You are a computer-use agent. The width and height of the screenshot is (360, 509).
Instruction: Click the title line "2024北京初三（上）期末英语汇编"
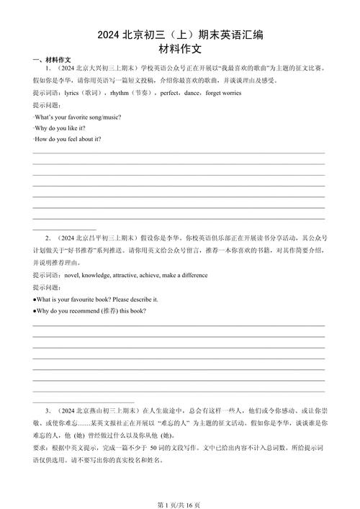[179, 35]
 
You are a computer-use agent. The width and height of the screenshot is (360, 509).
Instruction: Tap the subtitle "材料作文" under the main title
[179, 49]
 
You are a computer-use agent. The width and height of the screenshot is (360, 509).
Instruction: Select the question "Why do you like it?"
[62, 127]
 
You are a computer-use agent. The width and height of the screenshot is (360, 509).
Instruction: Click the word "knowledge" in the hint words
[99, 275]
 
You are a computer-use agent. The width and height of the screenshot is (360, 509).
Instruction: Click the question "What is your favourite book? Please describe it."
[96, 299]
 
